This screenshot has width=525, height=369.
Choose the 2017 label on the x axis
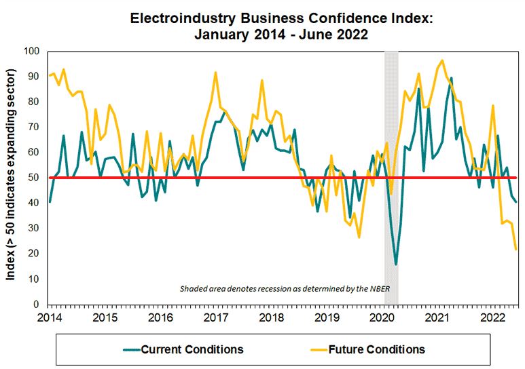[x=215, y=317]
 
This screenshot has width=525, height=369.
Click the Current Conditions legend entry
[x=192, y=350]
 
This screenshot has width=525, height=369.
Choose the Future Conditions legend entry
[x=376, y=350]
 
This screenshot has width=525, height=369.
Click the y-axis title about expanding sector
[x=13, y=178]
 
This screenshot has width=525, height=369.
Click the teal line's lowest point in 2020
[x=396, y=265]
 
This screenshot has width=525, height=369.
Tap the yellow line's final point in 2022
[x=517, y=250]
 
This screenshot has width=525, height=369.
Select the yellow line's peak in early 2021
[x=442, y=60]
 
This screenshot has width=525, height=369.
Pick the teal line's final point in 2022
[x=517, y=201]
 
